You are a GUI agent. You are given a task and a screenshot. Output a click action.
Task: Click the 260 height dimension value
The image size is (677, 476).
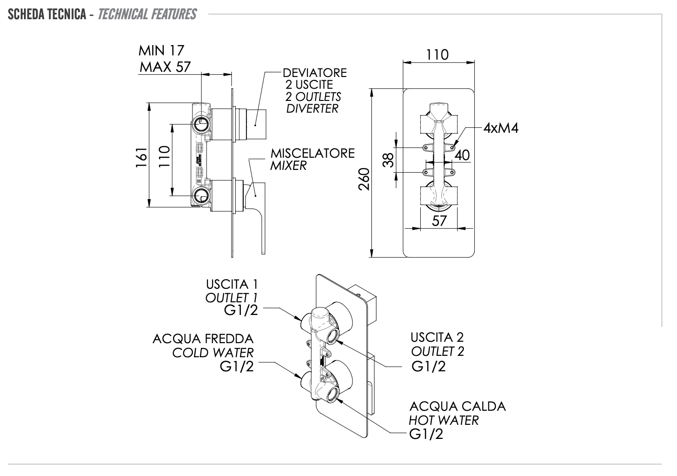364,179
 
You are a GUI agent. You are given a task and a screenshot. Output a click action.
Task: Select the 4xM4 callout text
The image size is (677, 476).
501,128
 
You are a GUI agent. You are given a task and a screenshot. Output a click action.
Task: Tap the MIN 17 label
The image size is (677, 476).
161,50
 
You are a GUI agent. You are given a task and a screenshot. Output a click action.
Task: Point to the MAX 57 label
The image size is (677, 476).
165,67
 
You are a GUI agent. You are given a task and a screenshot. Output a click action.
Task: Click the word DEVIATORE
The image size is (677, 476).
315,73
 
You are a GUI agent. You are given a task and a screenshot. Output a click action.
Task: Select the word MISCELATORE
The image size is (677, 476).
312,154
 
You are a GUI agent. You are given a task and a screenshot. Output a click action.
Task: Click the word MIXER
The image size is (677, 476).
288,166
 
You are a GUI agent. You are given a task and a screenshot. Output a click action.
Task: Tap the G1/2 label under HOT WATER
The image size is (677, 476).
426,434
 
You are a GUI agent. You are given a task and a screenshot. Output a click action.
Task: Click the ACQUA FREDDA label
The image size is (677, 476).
203,338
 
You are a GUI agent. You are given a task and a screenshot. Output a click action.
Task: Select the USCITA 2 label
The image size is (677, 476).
437,337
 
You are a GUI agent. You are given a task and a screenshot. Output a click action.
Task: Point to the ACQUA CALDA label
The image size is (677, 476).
457,406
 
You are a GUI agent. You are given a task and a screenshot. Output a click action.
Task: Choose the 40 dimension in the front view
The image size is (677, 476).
462,155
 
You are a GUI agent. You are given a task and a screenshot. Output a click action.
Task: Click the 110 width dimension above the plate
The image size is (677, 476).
437,55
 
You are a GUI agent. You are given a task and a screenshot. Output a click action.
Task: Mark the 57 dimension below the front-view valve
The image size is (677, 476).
439,220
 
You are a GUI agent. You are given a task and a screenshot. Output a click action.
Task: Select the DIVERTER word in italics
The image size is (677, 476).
312,108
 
